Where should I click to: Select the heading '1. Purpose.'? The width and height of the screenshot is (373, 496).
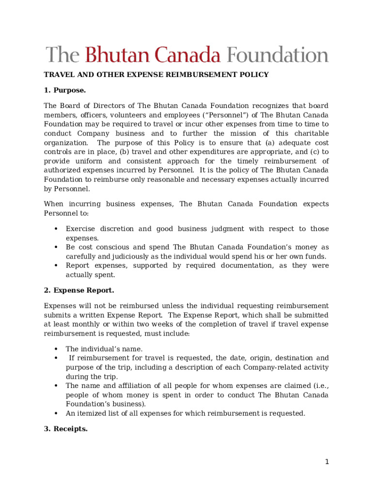pyautogui.click(x=65, y=90)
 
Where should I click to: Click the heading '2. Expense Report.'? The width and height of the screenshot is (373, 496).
pyautogui.click(x=79, y=291)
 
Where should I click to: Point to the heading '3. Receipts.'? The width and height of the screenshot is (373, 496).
pyautogui.click(x=66, y=429)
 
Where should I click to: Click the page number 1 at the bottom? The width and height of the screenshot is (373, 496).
pyautogui.click(x=327, y=462)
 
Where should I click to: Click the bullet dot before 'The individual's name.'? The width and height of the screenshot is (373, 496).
pyautogui.click(x=56, y=349)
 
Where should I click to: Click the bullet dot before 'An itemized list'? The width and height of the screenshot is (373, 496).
pyautogui.click(x=56, y=414)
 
